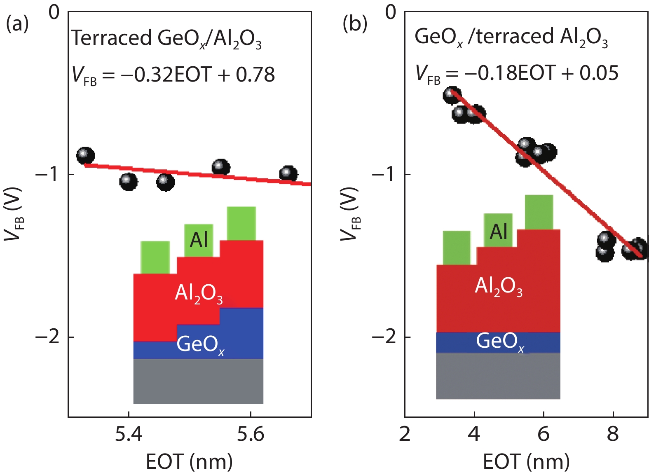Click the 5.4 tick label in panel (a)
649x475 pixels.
(129, 434)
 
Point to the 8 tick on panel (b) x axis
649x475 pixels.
(613, 434)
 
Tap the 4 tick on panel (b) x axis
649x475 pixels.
(474, 434)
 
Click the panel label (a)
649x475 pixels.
(17, 24)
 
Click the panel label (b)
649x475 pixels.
(354, 24)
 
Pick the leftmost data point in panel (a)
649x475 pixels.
(85, 156)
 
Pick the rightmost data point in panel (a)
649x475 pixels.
(288, 174)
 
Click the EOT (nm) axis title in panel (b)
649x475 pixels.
(526, 461)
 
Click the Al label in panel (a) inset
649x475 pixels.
(199, 240)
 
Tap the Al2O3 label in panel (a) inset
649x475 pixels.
(199, 293)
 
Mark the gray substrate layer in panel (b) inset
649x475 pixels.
(498, 376)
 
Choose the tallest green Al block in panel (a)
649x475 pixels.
(241, 223)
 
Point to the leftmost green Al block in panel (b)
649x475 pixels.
(457, 248)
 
